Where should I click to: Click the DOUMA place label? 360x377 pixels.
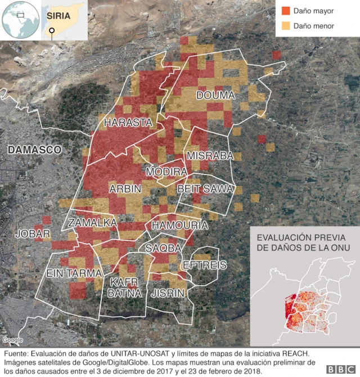[x=215, y=96]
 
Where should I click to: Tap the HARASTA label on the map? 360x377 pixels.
[x=128, y=122]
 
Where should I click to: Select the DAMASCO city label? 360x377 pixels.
[x=34, y=150]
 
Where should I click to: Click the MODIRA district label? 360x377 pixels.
[x=166, y=171]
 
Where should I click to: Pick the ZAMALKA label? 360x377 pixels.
[x=92, y=223]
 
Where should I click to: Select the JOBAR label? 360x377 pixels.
[x=33, y=234]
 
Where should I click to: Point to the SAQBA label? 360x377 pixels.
[x=163, y=248]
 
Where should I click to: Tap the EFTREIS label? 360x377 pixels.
[x=204, y=264]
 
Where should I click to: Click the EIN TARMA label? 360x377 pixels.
[x=74, y=273]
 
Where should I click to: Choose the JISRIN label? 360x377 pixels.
[x=168, y=293]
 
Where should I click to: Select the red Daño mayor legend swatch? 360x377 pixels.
[x=285, y=11]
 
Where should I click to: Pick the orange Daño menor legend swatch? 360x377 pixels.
[x=285, y=26]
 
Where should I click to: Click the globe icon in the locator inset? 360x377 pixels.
[x=20, y=20]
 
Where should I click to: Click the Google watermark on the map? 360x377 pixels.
[x=12, y=340]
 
